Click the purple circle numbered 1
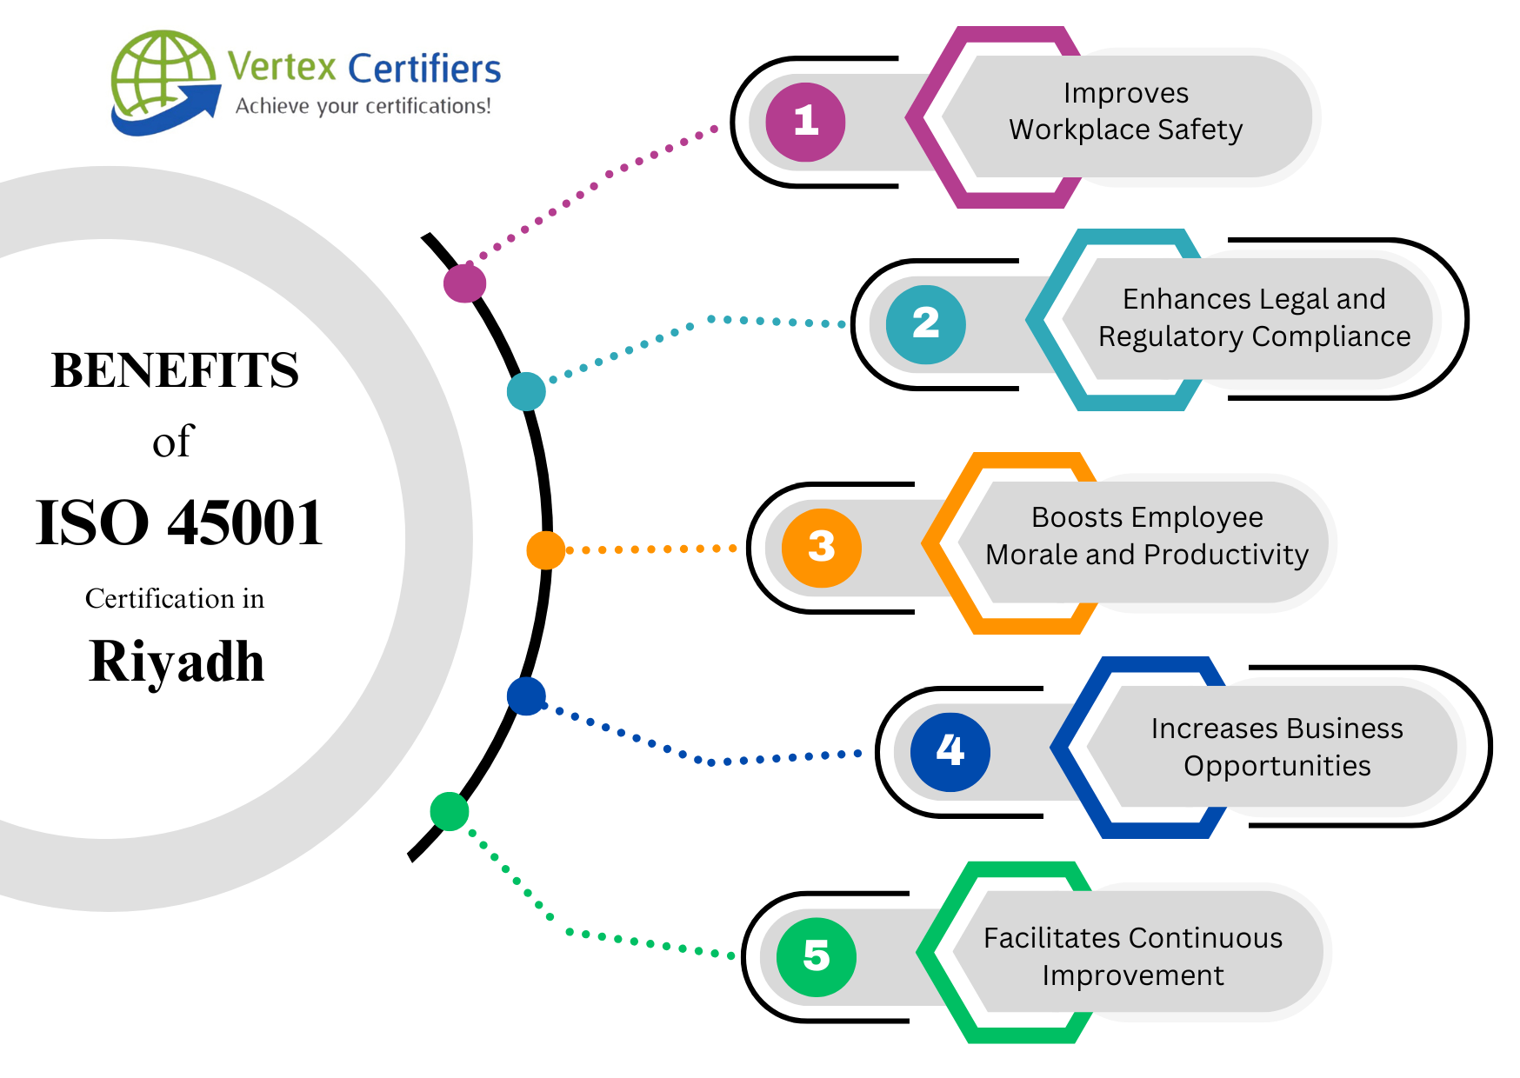805,122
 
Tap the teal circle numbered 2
925,324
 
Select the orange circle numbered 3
821,548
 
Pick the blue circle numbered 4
950,751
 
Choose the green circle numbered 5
816,956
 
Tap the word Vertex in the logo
282,67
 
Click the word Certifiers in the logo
424,69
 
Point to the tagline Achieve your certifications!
363,107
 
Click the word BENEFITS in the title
175,370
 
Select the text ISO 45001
179,523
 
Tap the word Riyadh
177,662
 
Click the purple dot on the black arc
464,283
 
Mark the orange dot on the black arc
545,550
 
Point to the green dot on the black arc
450,811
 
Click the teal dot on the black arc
526,391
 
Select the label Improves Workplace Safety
1125,111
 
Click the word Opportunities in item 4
1277,766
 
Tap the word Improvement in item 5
1132,975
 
